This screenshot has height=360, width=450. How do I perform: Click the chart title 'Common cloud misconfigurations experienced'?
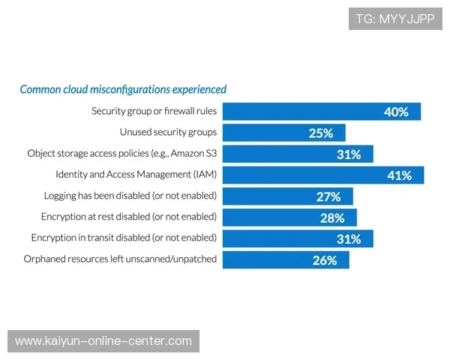pos(123,89)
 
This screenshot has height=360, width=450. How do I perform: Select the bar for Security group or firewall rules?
pos(322,112)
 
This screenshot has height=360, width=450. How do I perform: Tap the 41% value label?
pos(399,175)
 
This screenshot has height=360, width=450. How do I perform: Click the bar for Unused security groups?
pos(284,133)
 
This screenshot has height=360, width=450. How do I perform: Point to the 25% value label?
pos(321,133)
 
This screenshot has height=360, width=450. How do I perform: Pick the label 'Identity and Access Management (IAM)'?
pos(136,174)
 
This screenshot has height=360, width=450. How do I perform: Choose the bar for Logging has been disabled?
pos(288,196)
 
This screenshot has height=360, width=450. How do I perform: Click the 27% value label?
pos(328,197)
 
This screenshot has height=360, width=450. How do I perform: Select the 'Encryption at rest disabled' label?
pos(129,217)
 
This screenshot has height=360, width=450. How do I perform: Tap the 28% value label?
pos(332,218)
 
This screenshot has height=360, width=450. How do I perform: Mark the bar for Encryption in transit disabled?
pos(298,238)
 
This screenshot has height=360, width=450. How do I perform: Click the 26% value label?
pos(325,260)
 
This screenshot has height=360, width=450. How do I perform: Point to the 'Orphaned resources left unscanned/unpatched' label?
pos(120,259)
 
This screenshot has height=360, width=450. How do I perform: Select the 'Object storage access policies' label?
pos(122,153)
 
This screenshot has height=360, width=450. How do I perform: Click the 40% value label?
pos(396,112)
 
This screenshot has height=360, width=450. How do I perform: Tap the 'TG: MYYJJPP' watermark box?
pos(395,19)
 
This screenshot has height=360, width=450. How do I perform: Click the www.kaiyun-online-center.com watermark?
pos(103,341)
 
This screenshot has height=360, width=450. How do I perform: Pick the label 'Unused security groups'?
pos(168,132)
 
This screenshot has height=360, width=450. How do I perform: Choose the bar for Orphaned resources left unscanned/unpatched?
pos(286,259)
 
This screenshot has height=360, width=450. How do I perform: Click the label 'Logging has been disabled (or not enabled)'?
pos(130,196)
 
